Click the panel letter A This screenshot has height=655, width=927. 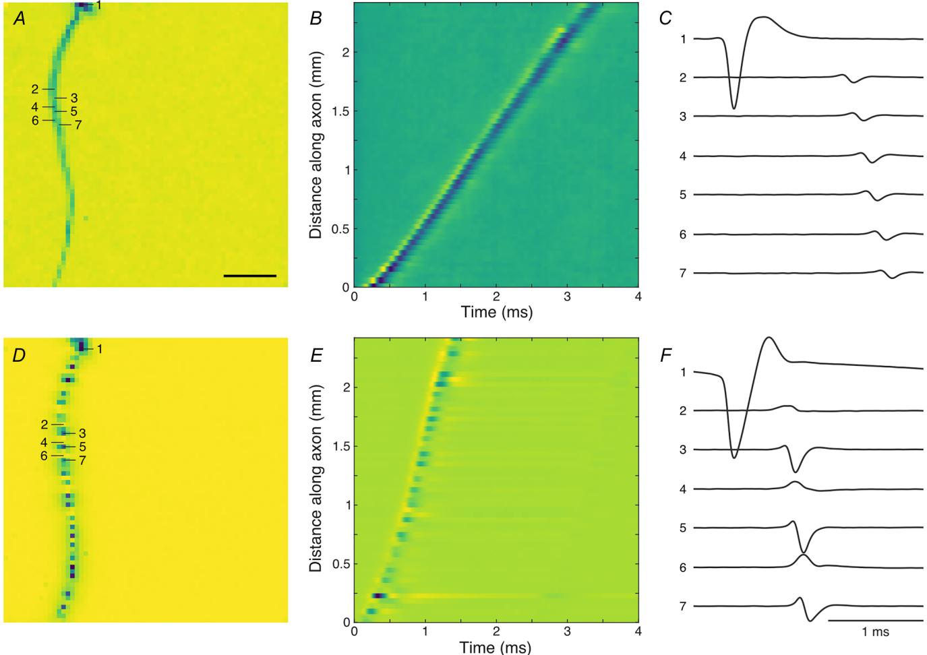click(20, 19)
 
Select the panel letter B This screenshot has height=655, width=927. click(316, 19)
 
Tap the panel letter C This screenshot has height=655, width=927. click(665, 18)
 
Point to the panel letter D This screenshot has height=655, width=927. click(19, 354)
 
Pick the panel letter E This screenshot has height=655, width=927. click(316, 354)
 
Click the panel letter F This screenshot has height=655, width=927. click(665, 355)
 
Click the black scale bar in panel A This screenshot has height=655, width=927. click(249, 276)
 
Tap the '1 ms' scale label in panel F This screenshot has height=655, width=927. click(875, 632)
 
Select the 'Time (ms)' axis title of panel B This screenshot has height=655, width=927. click(496, 312)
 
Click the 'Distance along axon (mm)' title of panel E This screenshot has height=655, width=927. click(316, 478)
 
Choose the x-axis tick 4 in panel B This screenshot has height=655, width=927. click(638, 297)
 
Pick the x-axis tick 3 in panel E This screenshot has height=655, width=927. click(567, 632)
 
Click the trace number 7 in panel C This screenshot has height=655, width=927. click(683, 273)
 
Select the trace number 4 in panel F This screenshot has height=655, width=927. click(683, 489)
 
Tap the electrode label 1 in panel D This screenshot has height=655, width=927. click(99, 349)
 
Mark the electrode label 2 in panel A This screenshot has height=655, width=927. click(35, 89)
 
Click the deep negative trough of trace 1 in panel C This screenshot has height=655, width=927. click(734, 108)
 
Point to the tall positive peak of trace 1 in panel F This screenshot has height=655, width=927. click(769, 338)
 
